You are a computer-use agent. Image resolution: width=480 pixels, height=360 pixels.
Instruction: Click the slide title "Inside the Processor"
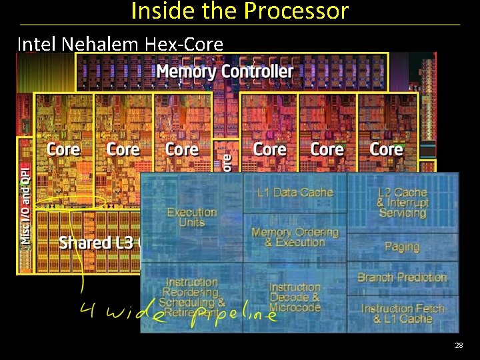(x=239, y=11)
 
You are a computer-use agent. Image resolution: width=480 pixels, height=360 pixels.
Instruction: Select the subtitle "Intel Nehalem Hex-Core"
(x=120, y=44)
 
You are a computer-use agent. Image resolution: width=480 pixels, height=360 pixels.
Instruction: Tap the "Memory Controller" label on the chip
(x=224, y=71)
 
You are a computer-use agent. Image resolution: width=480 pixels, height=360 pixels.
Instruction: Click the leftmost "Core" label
(x=63, y=149)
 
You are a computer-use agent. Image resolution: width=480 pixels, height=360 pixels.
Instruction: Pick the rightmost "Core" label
(x=386, y=149)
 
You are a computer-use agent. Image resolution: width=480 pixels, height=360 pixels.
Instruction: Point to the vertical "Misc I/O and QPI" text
(x=25, y=203)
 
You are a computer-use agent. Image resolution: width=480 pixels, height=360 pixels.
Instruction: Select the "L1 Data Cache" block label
(x=295, y=193)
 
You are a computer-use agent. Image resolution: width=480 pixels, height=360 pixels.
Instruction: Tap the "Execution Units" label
(x=192, y=217)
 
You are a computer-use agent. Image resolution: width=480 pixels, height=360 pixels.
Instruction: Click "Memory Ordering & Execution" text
(x=295, y=237)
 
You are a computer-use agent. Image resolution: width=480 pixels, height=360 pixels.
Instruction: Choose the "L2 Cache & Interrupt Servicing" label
(x=402, y=203)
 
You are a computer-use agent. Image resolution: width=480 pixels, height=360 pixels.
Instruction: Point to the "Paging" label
(x=402, y=247)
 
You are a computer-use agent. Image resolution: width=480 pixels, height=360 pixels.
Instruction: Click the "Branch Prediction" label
(x=402, y=277)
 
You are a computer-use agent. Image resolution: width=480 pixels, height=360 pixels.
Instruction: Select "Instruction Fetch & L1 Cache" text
(x=402, y=313)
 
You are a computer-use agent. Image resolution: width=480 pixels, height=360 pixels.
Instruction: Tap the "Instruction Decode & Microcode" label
(x=295, y=297)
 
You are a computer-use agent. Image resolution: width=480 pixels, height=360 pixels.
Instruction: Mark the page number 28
(x=459, y=345)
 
